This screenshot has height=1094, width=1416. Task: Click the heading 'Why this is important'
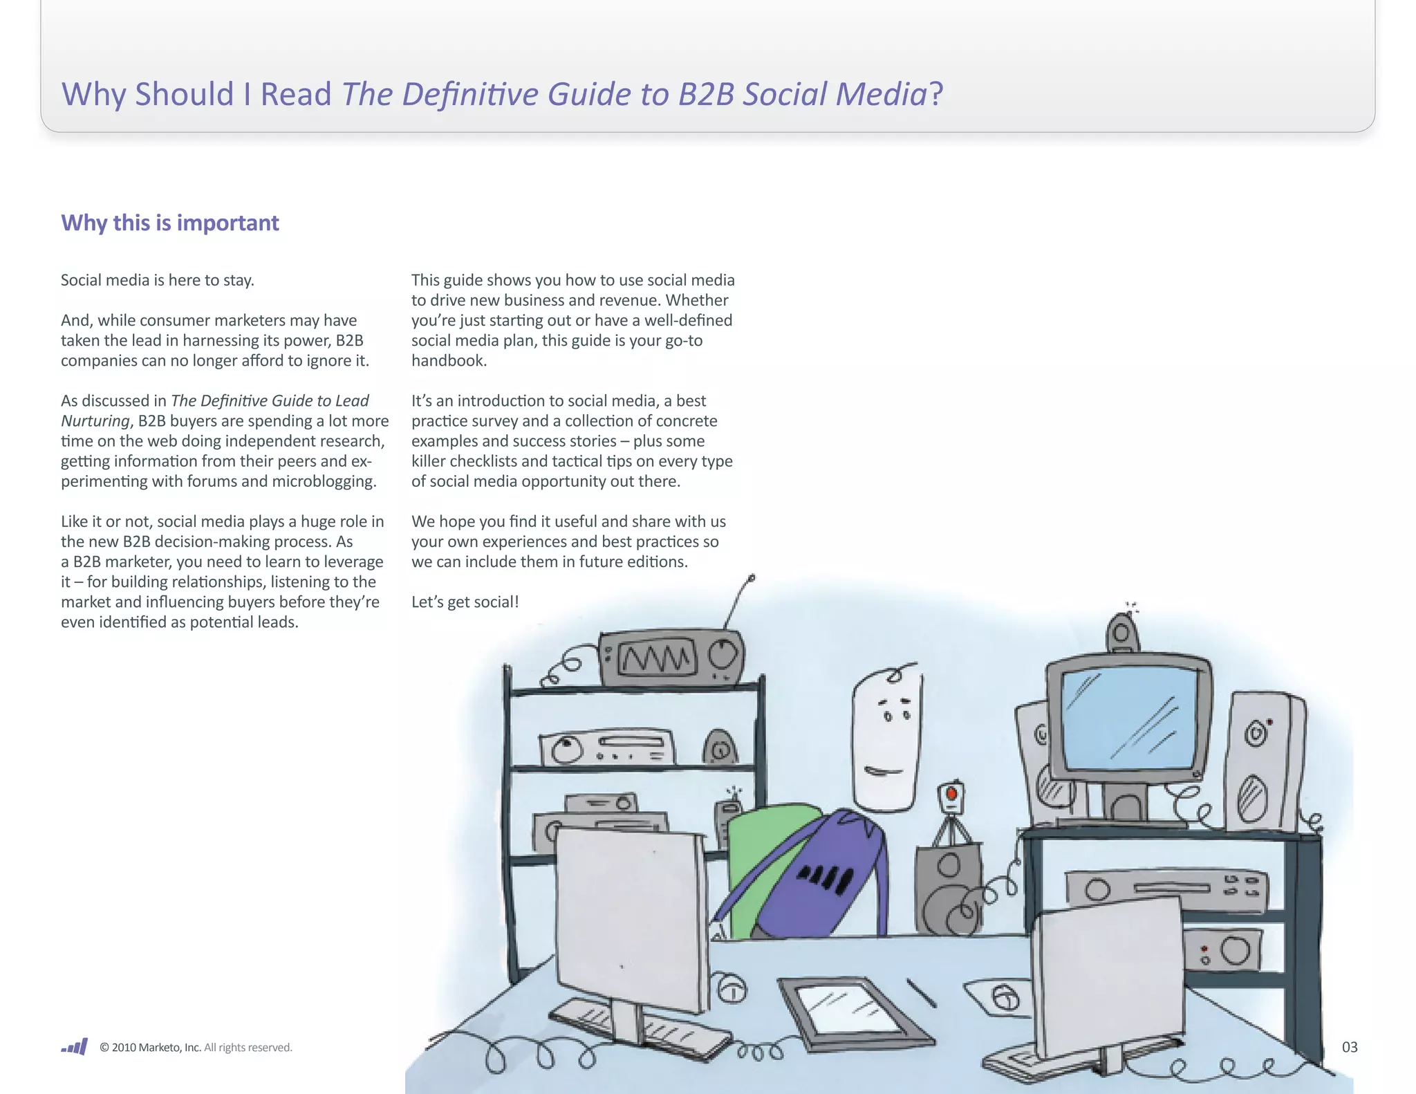pyautogui.click(x=170, y=223)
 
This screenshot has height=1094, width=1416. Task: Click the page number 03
pyautogui.click(x=1349, y=1047)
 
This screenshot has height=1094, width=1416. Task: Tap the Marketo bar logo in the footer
pyautogui.click(x=75, y=1046)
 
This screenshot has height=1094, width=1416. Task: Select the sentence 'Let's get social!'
pyautogui.click(x=465, y=602)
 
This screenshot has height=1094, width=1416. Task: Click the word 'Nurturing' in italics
pyautogui.click(x=95, y=421)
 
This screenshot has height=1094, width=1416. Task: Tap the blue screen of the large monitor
pyautogui.click(x=1129, y=719)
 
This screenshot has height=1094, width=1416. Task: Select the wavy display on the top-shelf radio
pyautogui.click(x=655, y=658)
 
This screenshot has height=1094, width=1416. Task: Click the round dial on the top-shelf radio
pyautogui.click(x=723, y=653)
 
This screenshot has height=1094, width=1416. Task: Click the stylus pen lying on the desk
pyautogui.click(x=922, y=993)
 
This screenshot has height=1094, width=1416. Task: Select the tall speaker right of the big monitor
pyautogui.click(x=1262, y=761)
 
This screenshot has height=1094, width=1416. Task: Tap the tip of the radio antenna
pyautogui.click(x=752, y=577)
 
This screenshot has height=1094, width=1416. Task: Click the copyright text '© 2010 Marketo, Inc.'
pyautogui.click(x=150, y=1047)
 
